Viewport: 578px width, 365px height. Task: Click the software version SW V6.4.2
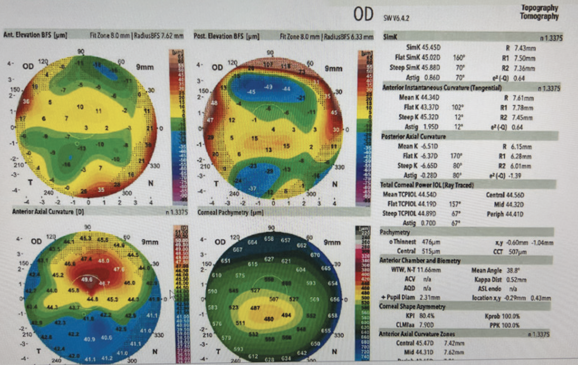pos(396,18)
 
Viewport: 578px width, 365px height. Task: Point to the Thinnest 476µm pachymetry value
pos(414,242)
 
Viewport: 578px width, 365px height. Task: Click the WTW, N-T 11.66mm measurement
pos(416,270)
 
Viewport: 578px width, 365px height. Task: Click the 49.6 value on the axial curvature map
pos(87,279)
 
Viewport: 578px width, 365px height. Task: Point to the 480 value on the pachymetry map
pos(269,319)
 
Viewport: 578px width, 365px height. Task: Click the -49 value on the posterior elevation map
pos(268,87)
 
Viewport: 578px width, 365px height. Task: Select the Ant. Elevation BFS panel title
pos(35,35)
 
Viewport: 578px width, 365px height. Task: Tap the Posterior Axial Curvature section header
pos(413,136)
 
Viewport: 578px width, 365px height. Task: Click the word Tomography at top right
pos(539,16)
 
